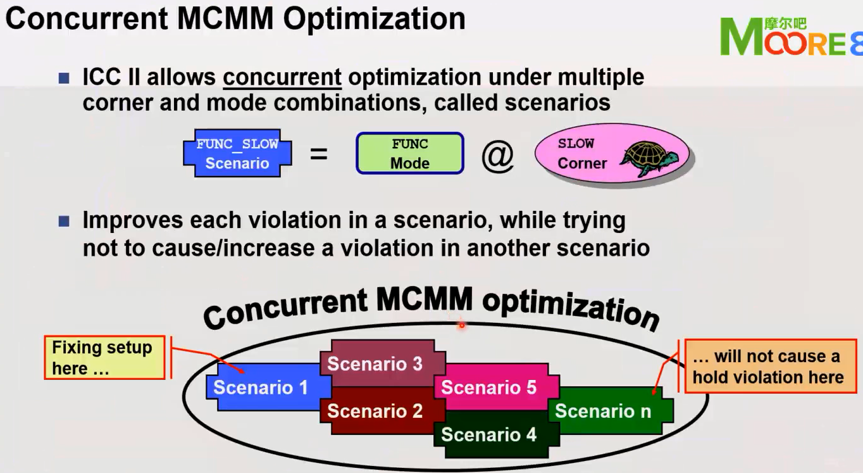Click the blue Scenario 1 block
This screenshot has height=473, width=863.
pos(261,387)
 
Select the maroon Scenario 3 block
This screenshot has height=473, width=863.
pos(375,363)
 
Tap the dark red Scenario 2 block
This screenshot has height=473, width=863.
pos(375,412)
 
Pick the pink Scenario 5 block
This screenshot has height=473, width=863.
pos(488,387)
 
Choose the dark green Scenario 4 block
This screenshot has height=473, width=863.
pos(488,435)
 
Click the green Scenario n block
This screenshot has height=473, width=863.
pos(603,412)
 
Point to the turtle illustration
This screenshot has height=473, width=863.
pos(649,156)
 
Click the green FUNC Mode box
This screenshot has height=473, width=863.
pos(410,153)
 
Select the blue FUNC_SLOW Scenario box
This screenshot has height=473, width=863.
pos(237,153)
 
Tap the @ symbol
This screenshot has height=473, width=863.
pos(497,155)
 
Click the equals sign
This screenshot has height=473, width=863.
pos(319,154)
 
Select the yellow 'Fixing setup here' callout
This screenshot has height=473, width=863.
pos(104,358)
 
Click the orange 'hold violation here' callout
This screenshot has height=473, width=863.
pos(767,367)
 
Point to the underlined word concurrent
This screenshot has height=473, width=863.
pos(282,77)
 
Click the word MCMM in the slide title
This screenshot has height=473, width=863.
pos(227,18)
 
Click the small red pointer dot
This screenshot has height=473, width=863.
pos(462,325)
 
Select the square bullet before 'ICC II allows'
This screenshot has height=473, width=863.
pos(63,79)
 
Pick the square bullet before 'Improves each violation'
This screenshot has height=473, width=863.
pos(63,221)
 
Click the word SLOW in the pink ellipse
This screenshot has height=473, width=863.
pos(576,143)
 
